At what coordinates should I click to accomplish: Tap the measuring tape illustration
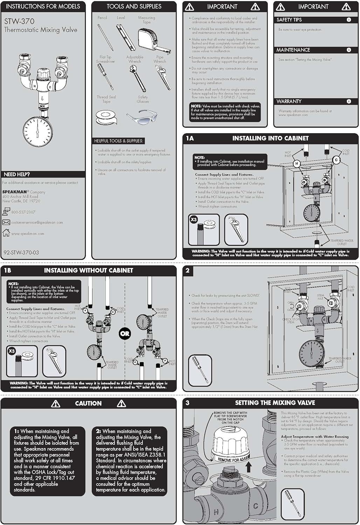154,41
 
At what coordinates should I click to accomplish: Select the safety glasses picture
142,117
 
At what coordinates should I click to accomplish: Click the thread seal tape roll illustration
106,117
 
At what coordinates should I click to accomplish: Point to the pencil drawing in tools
105,37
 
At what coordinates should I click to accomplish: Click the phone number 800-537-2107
23,212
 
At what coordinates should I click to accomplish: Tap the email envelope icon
6,222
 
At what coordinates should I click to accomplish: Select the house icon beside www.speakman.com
6,233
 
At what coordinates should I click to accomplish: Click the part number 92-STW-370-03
21,252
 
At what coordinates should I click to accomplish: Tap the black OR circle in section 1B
125,334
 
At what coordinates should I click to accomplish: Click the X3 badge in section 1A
194,220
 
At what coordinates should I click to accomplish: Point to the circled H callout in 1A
297,163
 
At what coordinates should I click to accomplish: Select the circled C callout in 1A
336,160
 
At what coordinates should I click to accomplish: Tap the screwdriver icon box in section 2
200,370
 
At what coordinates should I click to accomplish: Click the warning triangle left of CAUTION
56,404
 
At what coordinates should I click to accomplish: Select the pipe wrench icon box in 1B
54,361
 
